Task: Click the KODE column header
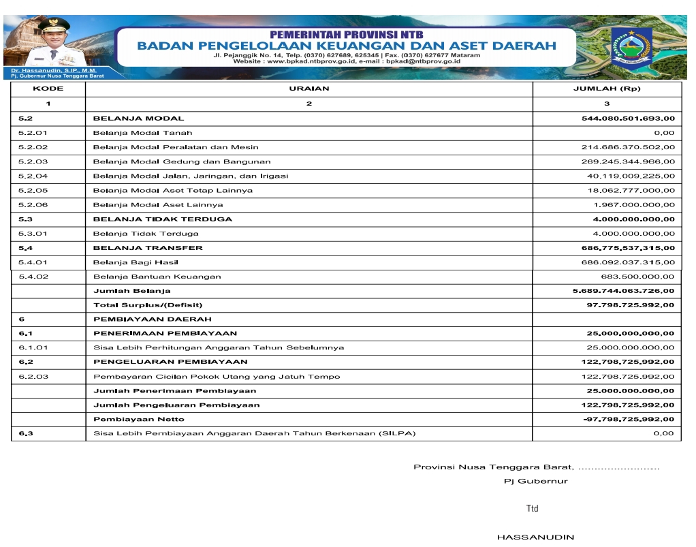[x=48, y=89]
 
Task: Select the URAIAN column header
[x=309, y=89]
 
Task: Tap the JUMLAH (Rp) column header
[x=607, y=89]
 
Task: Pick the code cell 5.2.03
[x=33, y=161]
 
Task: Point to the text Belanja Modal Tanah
[x=142, y=133]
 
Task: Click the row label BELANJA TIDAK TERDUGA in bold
[x=163, y=219]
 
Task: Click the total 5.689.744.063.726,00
[x=624, y=291]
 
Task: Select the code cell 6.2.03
[x=33, y=377]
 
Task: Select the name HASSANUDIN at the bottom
[x=535, y=537]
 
